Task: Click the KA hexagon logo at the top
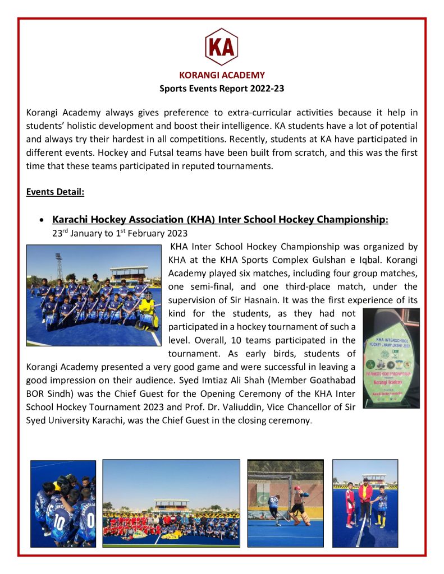pos(222,47)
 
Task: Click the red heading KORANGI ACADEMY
pos(222,75)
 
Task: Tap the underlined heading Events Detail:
pos(55,192)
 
